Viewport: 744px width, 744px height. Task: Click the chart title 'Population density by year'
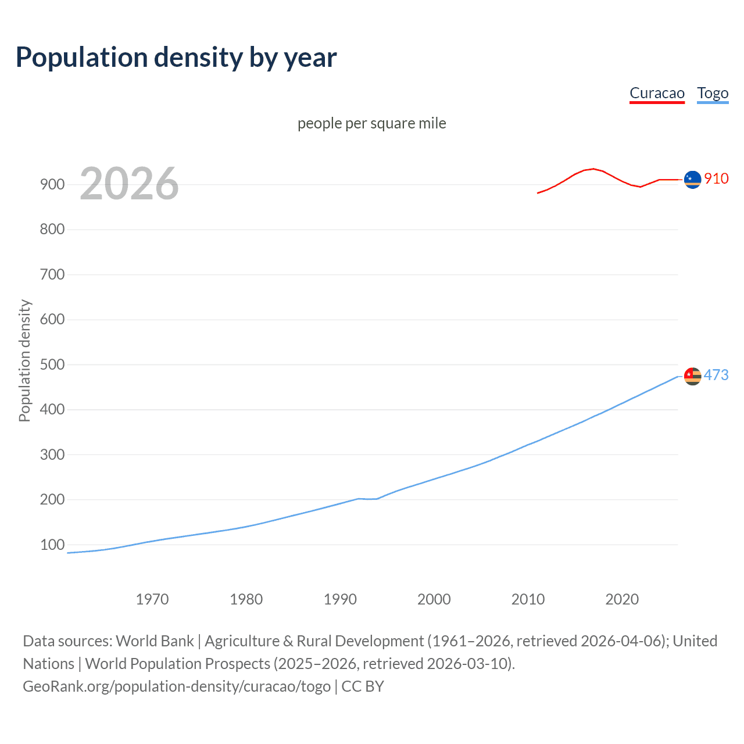pos(176,58)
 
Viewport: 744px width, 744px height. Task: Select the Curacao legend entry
pos(657,94)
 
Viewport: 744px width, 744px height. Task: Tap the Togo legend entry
pos(713,94)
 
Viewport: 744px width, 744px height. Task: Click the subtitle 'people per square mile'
pos(371,123)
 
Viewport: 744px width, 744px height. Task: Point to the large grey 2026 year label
pos(129,184)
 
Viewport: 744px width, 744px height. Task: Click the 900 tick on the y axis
pos(52,184)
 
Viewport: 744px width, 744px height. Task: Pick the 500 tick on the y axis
pos(52,364)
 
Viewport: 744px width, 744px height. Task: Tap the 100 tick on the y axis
pos(52,545)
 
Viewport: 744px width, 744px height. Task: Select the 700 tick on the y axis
pos(52,274)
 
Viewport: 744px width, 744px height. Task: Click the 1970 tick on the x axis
pos(152,599)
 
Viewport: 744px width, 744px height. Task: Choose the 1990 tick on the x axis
pos(340,599)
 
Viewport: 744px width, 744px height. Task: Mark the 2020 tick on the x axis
pos(622,599)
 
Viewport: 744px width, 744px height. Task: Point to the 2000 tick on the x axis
pos(434,599)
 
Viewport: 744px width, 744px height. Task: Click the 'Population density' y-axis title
pos(24,360)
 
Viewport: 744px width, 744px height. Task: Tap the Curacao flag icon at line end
pos(692,180)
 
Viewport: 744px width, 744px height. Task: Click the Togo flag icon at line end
pos(692,377)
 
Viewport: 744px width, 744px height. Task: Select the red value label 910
pos(716,178)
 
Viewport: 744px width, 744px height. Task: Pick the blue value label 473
pos(716,375)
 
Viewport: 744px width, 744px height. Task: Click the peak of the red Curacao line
pos(592,169)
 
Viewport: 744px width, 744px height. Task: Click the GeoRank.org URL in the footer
pos(177,686)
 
